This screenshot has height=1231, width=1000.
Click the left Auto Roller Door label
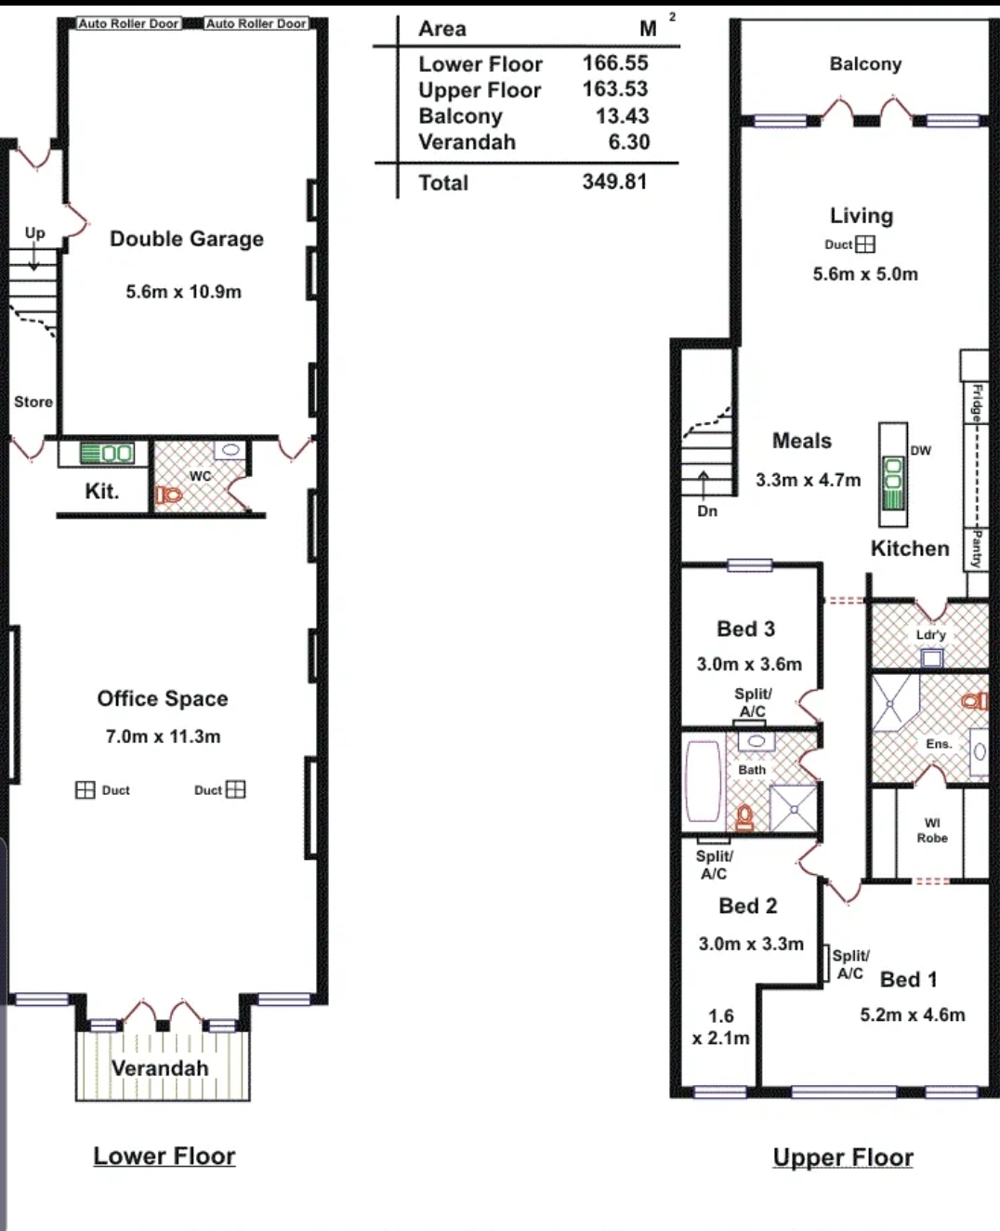128,23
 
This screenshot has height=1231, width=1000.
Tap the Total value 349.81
614,181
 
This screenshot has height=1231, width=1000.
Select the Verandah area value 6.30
629,141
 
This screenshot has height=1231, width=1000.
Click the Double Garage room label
187,239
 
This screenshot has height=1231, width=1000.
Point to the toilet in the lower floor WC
168,495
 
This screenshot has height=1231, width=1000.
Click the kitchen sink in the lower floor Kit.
107,453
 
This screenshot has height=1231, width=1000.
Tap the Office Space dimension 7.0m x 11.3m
163,736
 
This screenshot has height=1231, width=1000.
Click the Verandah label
160,1068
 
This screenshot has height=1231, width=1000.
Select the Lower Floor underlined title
164,1156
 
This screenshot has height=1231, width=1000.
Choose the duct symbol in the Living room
865,245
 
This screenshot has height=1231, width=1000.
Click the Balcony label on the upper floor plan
865,63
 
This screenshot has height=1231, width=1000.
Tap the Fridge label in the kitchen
977,403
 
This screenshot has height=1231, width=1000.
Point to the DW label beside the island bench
921,450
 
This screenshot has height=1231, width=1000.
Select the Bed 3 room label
745,629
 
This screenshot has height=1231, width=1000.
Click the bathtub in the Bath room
703,781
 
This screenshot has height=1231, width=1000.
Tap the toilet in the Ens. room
975,701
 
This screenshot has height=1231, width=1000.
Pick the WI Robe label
932,830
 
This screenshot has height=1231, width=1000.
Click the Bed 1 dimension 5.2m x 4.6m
913,1015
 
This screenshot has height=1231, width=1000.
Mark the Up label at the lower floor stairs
34,233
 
